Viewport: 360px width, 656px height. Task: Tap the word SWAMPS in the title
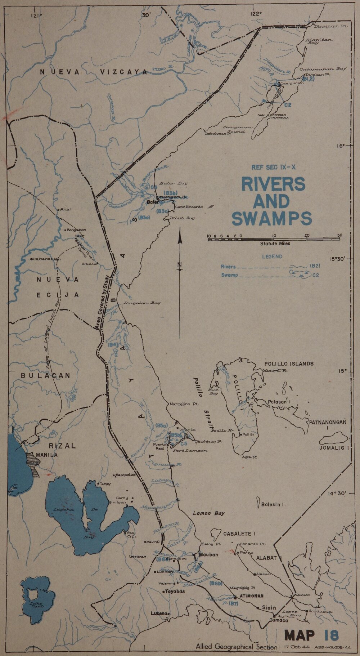pyautogui.click(x=272, y=219)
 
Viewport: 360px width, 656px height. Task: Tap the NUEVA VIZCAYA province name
pyautogui.click(x=94, y=72)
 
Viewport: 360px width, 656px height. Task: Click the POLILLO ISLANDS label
pyautogui.click(x=289, y=363)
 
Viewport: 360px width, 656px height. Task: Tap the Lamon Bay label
pyautogui.click(x=208, y=513)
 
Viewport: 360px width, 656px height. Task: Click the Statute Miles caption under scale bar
pyautogui.click(x=275, y=244)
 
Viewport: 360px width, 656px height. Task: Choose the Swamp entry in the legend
pyautogui.click(x=229, y=276)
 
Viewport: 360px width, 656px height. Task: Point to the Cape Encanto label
pyautogui.click(x=189, y=207)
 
